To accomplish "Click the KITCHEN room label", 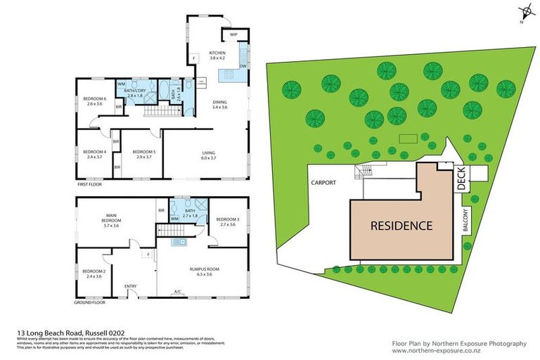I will click(217, 53).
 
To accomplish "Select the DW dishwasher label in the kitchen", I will click(241, 67).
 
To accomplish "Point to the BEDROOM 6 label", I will click(94, 99).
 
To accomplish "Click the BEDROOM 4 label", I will click(94, 152).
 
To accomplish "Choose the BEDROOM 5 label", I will click(143, 152).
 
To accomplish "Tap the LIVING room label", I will click(209, 153).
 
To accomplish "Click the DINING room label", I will click(220, 103).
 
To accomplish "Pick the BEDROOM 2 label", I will click(94, 272).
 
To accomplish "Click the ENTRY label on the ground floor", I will click(131, 286).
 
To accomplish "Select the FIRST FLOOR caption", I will click(92, 185).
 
